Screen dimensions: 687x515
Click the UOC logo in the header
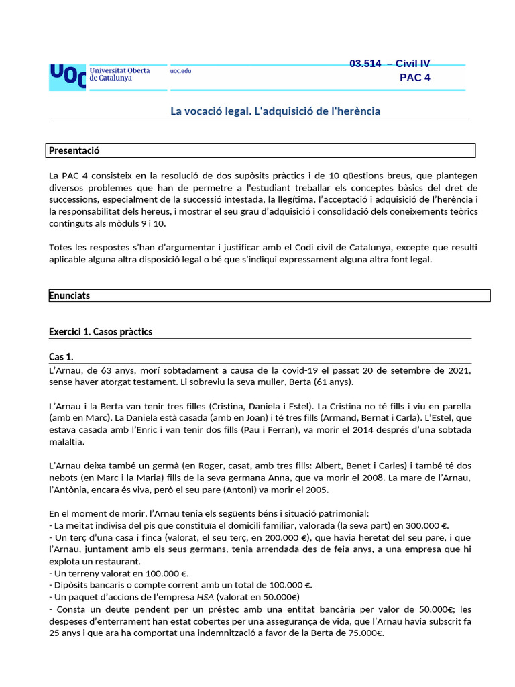pos(67,77)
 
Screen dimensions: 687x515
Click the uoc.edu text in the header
pos(180,71)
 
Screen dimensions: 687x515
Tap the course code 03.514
pos(365,64)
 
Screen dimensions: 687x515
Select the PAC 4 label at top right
pos(414,77)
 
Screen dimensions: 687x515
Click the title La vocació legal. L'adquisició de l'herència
pos(275,111)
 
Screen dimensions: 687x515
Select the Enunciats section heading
pos(70,295)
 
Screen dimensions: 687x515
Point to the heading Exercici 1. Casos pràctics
pos(101,332)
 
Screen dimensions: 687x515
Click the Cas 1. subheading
pos(61,356)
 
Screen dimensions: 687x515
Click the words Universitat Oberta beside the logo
pos(119,70)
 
